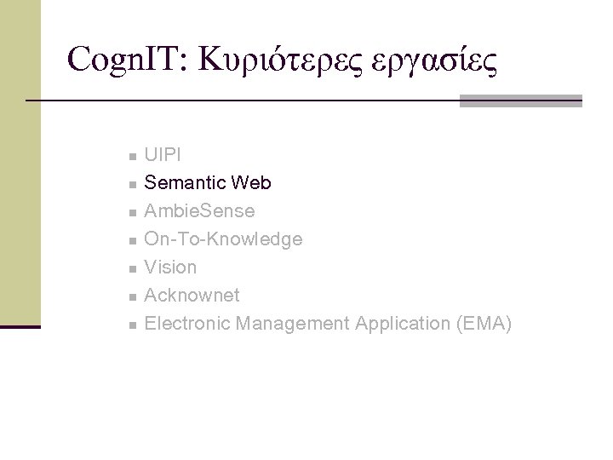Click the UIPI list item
tap(162, 155)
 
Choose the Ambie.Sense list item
tap(199, 211)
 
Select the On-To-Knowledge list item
tap(223, 239)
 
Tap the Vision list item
tap(170, 267)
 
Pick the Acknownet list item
tap(192, 296)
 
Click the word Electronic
tap(187, 324)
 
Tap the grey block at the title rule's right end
tap(520, 101)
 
